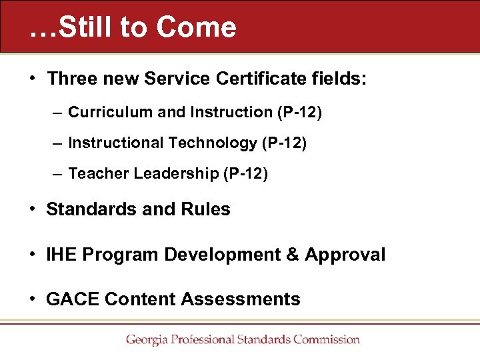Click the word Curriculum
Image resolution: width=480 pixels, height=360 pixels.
[x=111, y=112]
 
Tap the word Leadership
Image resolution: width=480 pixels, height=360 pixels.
[x=176, y=174]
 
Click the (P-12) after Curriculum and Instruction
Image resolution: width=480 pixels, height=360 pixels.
[x=299, y=112]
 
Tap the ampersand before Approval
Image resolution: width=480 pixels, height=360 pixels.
[x=291, y=255]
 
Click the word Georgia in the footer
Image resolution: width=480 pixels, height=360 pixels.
[x=147, y=339]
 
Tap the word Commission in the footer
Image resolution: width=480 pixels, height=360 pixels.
[x=325, y=339]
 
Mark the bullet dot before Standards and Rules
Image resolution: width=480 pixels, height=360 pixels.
[x=33, y=209]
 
